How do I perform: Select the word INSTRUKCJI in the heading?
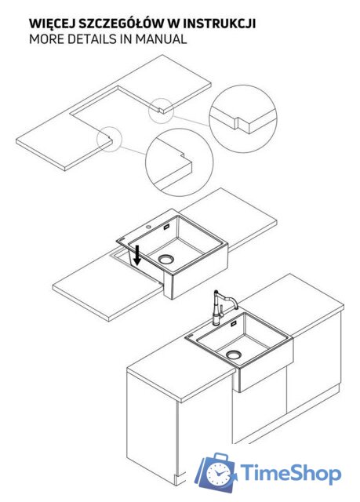point(219,24)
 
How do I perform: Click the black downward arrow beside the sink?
point(137,255)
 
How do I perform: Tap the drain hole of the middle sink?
point(165,259)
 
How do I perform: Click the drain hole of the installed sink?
point(233,355)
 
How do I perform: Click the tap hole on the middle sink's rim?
point(148,227)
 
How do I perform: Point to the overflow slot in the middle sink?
point(167,227)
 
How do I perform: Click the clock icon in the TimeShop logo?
point(219,475)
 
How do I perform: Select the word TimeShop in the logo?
point(290,473)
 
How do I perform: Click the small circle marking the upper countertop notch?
point(162,111)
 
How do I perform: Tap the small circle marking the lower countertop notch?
point(110,139)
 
